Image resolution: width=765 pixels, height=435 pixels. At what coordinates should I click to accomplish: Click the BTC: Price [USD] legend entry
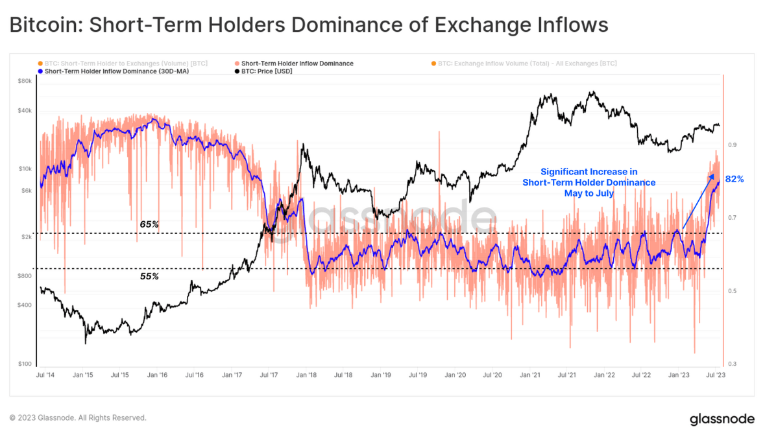[267, 71]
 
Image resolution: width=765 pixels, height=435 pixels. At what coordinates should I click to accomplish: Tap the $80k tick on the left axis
[24, 81]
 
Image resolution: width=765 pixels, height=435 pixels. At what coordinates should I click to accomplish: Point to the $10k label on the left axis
[24, 169]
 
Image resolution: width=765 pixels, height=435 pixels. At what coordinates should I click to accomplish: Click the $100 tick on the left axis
[25, 364]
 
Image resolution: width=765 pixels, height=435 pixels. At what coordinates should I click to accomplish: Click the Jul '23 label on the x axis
[716, 375]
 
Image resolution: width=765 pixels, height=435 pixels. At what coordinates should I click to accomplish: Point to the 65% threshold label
[149, 224]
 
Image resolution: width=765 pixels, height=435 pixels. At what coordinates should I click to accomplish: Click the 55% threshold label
[149, 276]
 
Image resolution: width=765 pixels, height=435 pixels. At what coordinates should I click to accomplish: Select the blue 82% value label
[734, 180]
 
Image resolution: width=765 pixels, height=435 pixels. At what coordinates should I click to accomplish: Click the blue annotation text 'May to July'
[589, 193]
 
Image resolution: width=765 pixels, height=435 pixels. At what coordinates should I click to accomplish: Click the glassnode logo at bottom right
[720, 419]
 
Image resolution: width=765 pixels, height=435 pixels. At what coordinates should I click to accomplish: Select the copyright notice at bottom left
[78, 418]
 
